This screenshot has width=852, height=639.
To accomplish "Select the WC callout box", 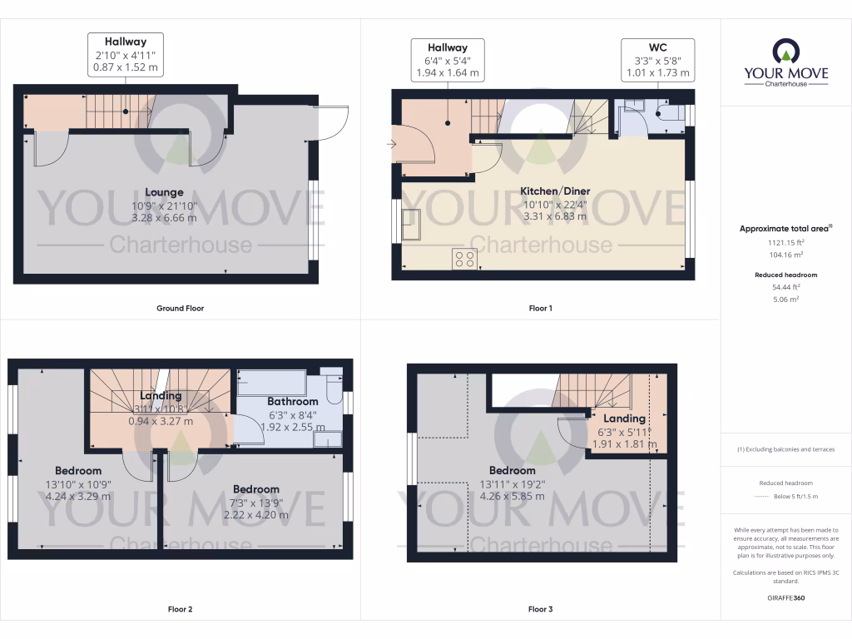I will (657, 60).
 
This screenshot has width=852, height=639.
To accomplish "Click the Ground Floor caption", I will (180, 308).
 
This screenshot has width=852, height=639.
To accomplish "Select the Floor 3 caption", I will (540, 609).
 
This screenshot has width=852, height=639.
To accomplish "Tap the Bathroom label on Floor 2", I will (292, 402).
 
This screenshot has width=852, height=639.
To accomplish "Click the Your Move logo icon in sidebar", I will (785, 52).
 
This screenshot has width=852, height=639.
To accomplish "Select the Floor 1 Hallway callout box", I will (448, 60).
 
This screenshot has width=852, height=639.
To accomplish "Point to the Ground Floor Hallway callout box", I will (126, 54).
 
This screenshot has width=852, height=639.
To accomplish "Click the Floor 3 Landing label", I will (624, 419).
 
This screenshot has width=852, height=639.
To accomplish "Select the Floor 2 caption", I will (180, 609).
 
